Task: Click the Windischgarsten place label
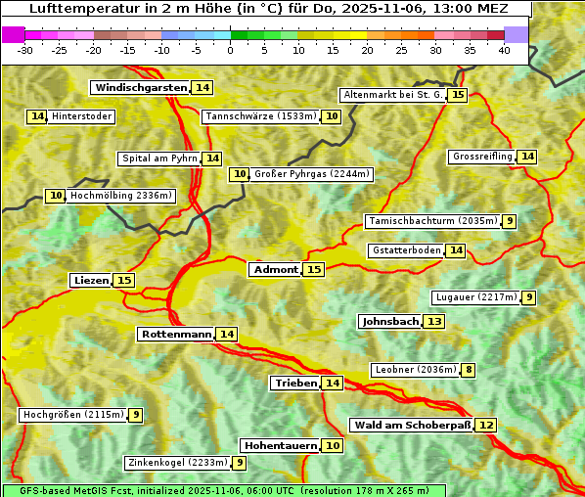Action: (x=140, y=88)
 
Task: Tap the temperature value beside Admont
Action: (x=313, y=269)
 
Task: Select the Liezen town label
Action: (x=91, y=281)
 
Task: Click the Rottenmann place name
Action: (x=176, y=335)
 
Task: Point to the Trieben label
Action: (x=295, y=384)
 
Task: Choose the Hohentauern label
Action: (x=281, y=446)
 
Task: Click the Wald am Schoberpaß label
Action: (x=412, y=426)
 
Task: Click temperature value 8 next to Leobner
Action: (x=469, y=370)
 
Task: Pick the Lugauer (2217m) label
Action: (x=475, y=297)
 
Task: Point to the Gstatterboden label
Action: (x=406, y=250)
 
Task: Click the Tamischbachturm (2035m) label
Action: (x=431, y=221)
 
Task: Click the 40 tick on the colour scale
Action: (x=504, y=50)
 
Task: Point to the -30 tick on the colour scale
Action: (x=25, y=50)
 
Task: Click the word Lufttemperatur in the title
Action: (x=71, y=8)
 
